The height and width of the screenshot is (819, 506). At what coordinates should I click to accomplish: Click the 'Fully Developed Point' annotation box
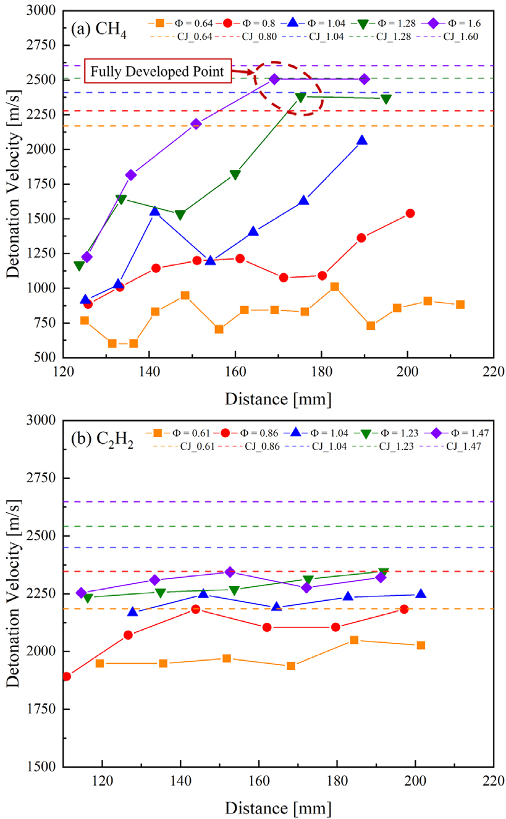point(158,72)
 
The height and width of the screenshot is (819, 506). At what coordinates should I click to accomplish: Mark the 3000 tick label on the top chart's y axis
point(43,11)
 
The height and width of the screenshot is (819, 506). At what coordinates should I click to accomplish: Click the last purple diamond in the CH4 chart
point(364,79)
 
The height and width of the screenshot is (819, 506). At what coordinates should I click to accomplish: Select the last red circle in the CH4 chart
point(410,213)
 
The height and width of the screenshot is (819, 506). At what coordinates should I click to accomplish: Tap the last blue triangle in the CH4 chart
point(362,140)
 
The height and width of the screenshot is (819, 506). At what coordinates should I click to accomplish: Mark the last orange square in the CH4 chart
point(460,305)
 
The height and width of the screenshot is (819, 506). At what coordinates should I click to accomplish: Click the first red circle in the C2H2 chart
point(67,676)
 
